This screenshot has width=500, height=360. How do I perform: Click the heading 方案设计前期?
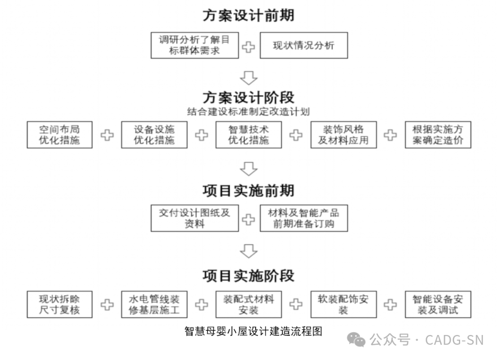click(x=249, y=15)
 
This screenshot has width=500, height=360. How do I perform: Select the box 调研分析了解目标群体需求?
click(x=194, y=45)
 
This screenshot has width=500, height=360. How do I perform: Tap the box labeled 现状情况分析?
click(x=304, y=45)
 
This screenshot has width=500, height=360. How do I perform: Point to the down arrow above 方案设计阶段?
click(x=249, y=76)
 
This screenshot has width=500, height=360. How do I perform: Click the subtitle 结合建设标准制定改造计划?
click(x=249, y=112)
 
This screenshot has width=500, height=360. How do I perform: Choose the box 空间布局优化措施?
click(x=59, y=135)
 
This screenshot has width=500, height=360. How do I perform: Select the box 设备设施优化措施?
click(x=154, y=135)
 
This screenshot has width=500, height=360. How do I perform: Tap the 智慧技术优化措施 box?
click(x=249, y=135)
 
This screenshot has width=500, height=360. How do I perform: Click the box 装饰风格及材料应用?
click(x=343, y=135)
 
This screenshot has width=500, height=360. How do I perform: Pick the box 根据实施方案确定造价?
click(x=437, y=135)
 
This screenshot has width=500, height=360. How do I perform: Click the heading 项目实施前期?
click(x=249, y=190)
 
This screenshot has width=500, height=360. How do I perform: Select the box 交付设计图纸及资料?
click(x=194, y=218)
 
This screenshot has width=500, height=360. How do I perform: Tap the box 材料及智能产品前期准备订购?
click(x=304, y=218)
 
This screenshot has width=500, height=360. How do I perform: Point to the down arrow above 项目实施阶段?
click(x=249, y=250)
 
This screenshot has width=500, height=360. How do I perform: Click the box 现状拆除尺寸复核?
click(x=59, y=304)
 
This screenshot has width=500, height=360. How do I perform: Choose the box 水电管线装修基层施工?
click(x=154, y=304)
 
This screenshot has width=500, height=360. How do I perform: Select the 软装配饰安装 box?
click(x=343, y=304)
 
